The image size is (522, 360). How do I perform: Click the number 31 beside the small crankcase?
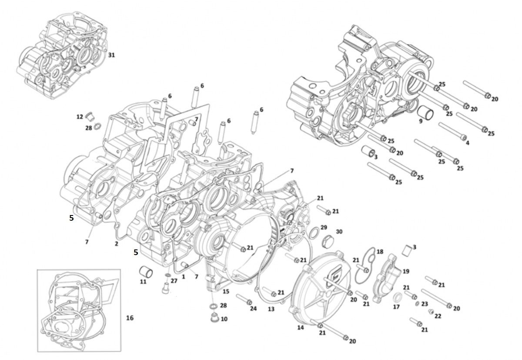coord(111,55)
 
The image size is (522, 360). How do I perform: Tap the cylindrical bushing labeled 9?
coord(425,113)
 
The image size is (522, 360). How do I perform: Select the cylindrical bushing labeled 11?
coord(146,271)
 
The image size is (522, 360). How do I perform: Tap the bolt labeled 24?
coord(244,299)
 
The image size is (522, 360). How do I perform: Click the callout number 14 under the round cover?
coord(301,328)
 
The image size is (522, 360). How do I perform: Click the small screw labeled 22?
coord(431,311)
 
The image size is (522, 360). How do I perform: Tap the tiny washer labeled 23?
coord(417,303)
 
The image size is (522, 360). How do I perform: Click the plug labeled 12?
coord(89,116)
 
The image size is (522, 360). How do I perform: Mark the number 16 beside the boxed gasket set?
coord(130,318)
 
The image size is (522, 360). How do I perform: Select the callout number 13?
coord(271,309)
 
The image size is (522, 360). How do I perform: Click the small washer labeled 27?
coord(167,276)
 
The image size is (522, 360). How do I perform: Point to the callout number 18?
coord(380,252)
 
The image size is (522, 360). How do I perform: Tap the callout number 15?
coord(226,292)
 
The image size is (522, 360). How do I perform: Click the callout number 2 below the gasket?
coord(116,244)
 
